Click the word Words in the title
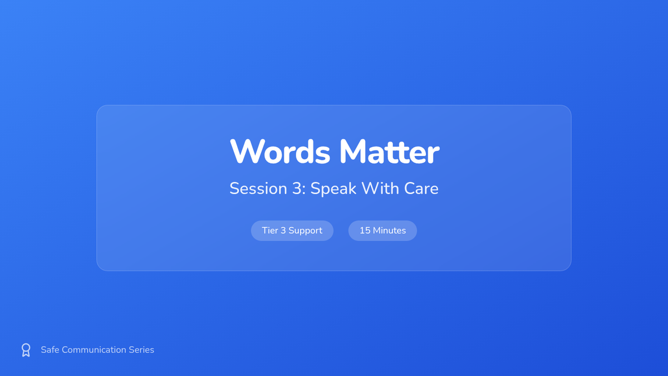pos(280,152)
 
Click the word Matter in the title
pos(390,152)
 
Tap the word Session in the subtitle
pos(258,188)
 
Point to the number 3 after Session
pos(297,188)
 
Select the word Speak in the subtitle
pos(333,189)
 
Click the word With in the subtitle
pos(380,188)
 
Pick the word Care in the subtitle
pos(421,188)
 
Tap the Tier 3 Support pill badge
pos(292,231)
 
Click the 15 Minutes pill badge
pos(382,231)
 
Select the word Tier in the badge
pos(269,231)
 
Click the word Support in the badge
pos(306,231)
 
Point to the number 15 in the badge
pos(365,231)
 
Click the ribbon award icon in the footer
pos(26,350)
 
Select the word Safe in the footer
pos(50,350)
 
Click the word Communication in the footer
pos(94,350)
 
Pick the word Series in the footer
pos(141,350)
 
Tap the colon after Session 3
pos(304,191)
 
